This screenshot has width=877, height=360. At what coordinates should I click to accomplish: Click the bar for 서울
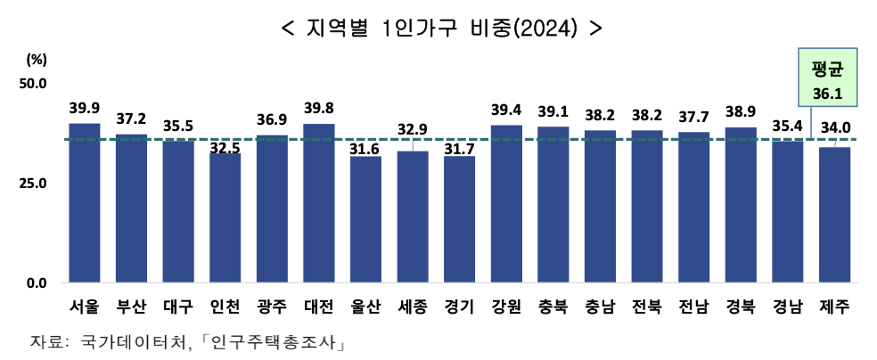[x=85, y=203]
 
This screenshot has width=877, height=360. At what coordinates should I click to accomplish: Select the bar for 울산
[x=365, y=219]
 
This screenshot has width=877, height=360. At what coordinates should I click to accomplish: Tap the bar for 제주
[x=834, y=215]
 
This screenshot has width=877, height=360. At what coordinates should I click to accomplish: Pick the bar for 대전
[x=319, y=203]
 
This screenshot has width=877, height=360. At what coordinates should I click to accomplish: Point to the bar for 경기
[x=459, y=219]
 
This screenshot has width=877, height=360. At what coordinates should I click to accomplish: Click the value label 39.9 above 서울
[x=85, y=109]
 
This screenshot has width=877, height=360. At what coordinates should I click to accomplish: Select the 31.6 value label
[x=365, y=149]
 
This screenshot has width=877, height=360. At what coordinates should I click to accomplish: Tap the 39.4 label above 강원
[x=505, y=110]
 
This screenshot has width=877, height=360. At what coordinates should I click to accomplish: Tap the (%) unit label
[x=37, y=60]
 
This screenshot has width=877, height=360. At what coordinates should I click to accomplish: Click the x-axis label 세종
[x=412, y=307]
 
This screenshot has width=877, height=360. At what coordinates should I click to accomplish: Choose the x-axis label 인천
[x=225, y=307]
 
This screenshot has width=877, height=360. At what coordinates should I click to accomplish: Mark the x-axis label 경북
[x=740, y=307]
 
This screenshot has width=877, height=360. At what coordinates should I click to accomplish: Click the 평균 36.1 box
[x=821, y=80]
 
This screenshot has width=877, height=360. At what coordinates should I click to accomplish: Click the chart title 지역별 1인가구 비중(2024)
[x=441, y=28]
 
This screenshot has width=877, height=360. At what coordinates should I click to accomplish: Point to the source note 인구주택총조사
[x=274, y=342]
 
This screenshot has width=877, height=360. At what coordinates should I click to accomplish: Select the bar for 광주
[x=272, y=209]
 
